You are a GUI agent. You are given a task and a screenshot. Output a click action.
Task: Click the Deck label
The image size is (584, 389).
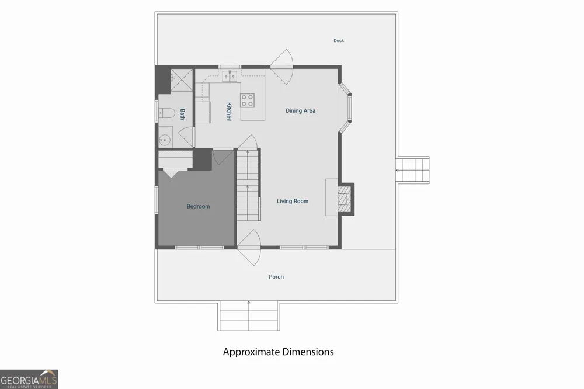[339, 41]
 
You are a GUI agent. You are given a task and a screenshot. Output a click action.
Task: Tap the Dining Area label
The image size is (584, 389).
[301, 110]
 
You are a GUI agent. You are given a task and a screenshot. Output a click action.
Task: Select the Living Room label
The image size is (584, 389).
[293, 201]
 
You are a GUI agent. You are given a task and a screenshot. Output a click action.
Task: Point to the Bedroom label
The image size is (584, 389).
[198, 206]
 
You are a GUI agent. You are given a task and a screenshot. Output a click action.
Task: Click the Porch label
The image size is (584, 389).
[276, 277]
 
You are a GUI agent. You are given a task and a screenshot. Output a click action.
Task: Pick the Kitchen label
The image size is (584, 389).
[229, 112]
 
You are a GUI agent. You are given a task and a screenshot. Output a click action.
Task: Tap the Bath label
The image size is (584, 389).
[182, 114]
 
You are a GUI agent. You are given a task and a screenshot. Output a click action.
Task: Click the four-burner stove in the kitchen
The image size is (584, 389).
[247, 100]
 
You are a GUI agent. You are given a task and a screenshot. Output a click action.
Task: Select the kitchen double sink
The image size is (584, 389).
[230, 77]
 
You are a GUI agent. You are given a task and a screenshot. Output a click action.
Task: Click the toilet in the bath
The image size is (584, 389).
[166, 113]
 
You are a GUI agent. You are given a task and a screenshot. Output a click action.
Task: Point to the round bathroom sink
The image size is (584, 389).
[164, 140]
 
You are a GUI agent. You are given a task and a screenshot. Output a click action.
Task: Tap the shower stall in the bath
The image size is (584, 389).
[182, 80]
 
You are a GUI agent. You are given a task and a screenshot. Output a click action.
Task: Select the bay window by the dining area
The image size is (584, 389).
[345, 107]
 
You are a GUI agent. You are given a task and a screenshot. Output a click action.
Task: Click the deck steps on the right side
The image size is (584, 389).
[413, 171]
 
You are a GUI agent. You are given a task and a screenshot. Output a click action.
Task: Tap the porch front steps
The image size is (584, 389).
[249, 316]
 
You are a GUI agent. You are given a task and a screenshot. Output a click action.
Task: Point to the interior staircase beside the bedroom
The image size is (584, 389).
[248, 185]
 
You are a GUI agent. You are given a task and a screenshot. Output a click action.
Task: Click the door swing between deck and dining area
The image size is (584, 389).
[282, 67]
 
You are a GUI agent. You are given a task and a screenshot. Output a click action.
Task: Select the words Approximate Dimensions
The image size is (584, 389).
[278, 352]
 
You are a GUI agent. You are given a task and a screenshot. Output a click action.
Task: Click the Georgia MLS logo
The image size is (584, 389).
[29, 379]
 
